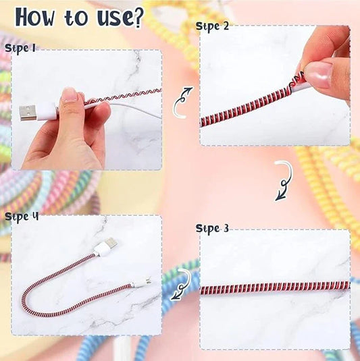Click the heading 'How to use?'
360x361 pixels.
(x=79, y=17)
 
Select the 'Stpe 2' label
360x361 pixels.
(x=212, y=26)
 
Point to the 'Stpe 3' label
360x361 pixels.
(x=212, y=229)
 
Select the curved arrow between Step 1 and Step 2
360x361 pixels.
(x=180, y=102)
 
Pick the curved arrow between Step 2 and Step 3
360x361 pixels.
(x=284, y=182)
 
